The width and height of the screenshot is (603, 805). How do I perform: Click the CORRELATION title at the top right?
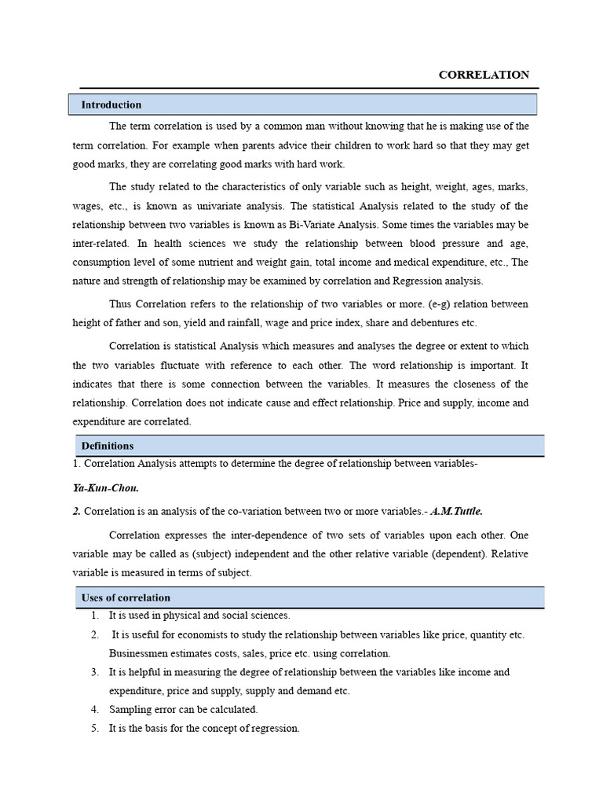click(x=484, y=75)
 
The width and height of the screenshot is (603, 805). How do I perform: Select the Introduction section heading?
click(x=111, y=105)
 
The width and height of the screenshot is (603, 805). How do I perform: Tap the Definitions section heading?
click(x=108, y=446)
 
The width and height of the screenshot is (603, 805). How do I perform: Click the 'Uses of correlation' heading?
click(x=126, y=597)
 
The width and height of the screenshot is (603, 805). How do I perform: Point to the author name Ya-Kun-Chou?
click(x=105, y=488)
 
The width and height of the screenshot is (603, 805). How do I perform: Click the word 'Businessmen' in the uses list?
click(x=139, y=653)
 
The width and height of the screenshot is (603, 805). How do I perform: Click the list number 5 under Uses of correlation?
click(x=94, y=729)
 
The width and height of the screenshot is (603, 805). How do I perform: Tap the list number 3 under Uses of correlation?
click(x=94, y=672)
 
